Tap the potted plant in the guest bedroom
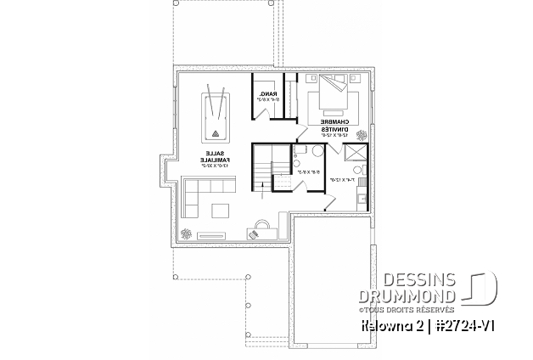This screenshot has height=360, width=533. click(x=363, y=134)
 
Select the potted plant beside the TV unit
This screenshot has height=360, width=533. click(x=188, y=233)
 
